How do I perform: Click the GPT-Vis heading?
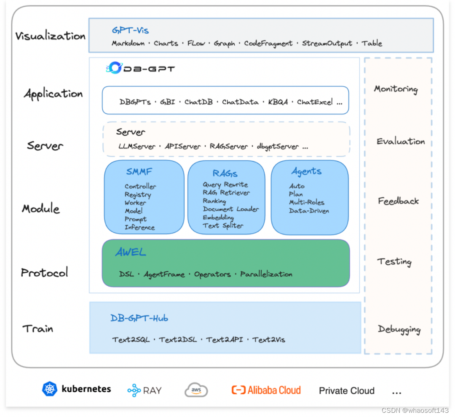[130, 30]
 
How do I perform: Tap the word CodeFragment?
[268, 43]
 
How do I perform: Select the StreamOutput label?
[327, 43]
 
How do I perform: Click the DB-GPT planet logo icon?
[114, 68]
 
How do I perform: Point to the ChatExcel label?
[315, 102]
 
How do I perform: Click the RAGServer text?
[229, 146]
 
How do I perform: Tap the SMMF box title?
[139, 172]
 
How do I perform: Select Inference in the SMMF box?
[139, 228]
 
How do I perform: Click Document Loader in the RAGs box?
[231, 209]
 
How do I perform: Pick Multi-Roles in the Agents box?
[307, 202]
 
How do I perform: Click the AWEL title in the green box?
[131, 252]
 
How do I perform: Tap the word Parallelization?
[266, 274]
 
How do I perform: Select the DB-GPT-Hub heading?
[139, 319]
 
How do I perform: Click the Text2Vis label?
[269, 340]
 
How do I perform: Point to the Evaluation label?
[401, 142]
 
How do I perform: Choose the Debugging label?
[399, 329]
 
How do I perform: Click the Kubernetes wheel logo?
[50, 389]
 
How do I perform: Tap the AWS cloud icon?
[196, 390]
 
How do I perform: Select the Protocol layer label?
[44, 273]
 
